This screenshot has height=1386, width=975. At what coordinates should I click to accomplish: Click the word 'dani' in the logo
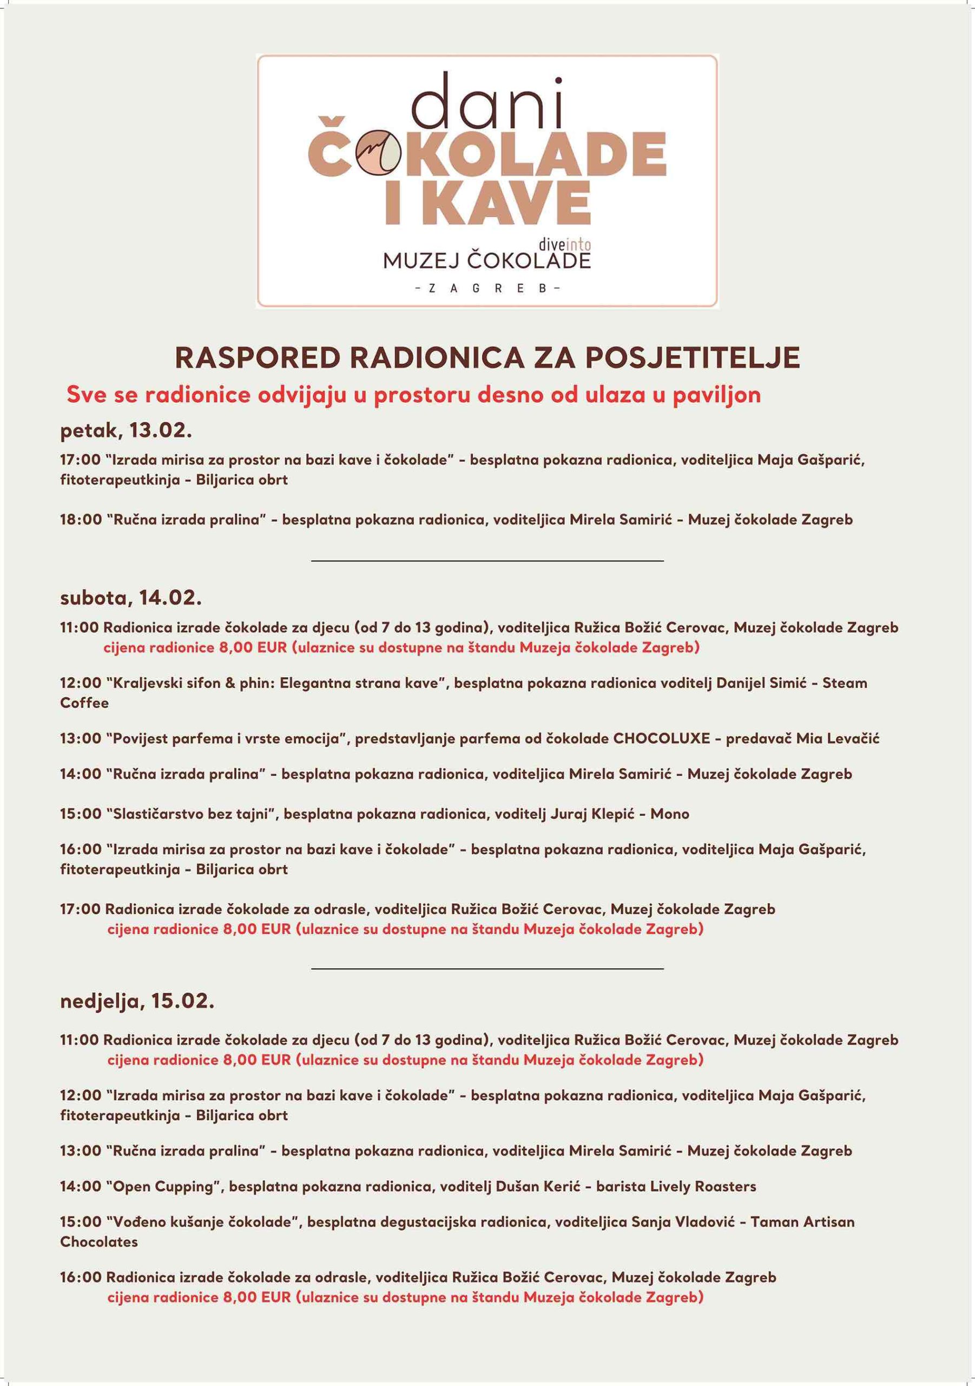click(487, 100)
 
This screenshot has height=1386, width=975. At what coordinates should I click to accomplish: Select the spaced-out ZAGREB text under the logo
click(487, 289)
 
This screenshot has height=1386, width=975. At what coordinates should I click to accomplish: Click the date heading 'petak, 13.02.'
click(126, 432)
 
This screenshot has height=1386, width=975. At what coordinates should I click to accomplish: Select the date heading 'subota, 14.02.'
click(131, 598)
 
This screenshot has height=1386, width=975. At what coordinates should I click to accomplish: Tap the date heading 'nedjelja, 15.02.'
click(137, 1002)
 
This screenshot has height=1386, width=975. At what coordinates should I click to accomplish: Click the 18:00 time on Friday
click(80, 520)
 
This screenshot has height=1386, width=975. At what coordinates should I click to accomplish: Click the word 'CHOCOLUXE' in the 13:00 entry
click(661, 738)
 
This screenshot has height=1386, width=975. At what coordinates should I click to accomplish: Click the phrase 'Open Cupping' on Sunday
click(163, 1186)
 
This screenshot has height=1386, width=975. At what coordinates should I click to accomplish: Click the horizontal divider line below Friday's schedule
click(487, 561)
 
